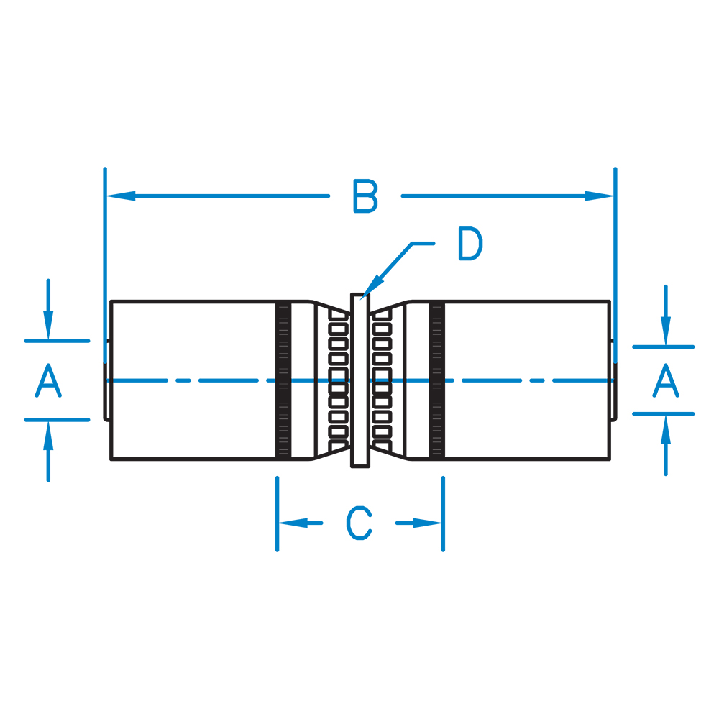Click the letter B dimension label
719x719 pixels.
click(365, 196)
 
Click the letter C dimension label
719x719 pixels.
click(359, 523)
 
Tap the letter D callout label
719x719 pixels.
click(470, 244)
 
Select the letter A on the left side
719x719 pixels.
click(48, 380)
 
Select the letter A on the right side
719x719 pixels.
click(665, 380)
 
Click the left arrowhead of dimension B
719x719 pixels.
click(121, 196)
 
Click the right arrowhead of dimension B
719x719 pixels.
click(600, 196)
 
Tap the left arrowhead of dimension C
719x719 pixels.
click(293, 523)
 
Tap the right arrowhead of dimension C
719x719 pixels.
click(427, 523)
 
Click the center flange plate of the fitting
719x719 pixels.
click(360, 380)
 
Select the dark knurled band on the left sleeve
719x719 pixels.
click(283, 380)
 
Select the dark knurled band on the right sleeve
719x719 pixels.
click(437, 380)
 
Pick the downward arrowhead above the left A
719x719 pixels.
click(48, 325)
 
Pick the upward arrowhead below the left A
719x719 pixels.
click(48, 436)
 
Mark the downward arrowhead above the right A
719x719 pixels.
click(666, 331)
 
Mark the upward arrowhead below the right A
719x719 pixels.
click(666, 430)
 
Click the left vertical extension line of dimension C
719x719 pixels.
click(277, 514)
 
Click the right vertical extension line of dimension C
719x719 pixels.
click(443, 514)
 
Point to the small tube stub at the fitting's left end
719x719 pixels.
click(107, 380)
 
